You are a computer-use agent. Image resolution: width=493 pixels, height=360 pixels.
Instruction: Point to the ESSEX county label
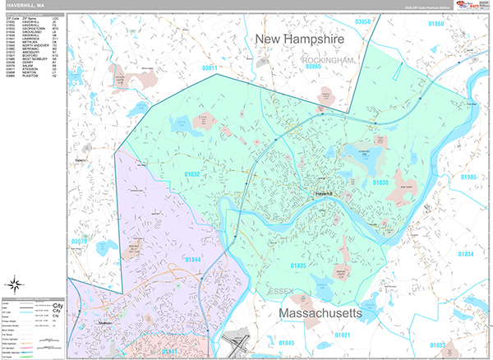pyautogui.click(x=281, y=292)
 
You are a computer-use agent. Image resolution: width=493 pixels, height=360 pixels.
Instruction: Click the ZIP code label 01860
pyautogui.click(x=436, y=24)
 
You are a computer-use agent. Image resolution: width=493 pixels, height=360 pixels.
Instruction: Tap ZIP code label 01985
pyautogui.click(x=468, y=178)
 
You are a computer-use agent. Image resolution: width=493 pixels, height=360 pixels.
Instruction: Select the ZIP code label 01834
pyautogui.click(x=465, y=255)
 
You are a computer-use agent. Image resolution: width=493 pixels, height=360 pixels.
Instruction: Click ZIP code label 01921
pyautogui.click(x=343, y=335)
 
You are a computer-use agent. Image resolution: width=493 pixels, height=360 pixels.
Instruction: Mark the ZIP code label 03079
pyautogui.click(x=79, y=242)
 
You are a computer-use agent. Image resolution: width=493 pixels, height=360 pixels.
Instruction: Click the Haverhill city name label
pyautogui.click(x=321, y=194)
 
